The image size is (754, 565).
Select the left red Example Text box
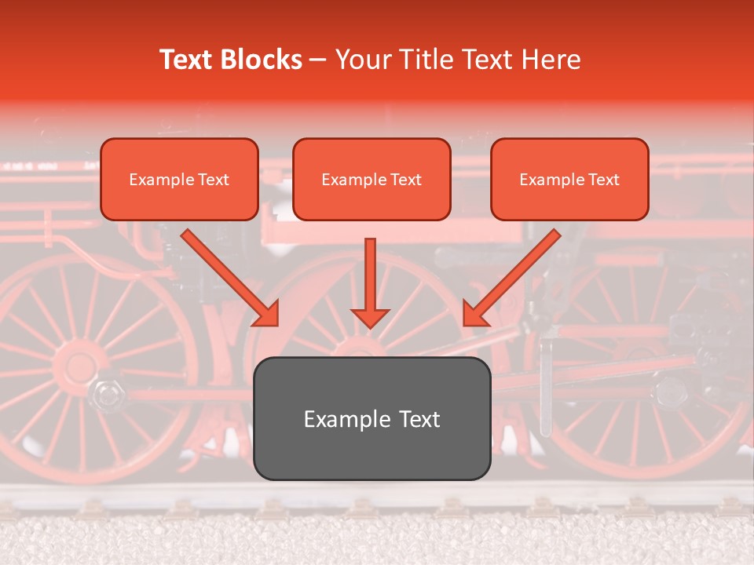pos(179,179)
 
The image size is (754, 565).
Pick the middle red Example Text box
pos(372,179)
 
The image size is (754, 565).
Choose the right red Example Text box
pos(569,179)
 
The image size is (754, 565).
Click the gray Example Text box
pos(372,418)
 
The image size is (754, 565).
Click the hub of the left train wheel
pos(79,365)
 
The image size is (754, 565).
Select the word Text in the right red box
pos(603,179)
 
